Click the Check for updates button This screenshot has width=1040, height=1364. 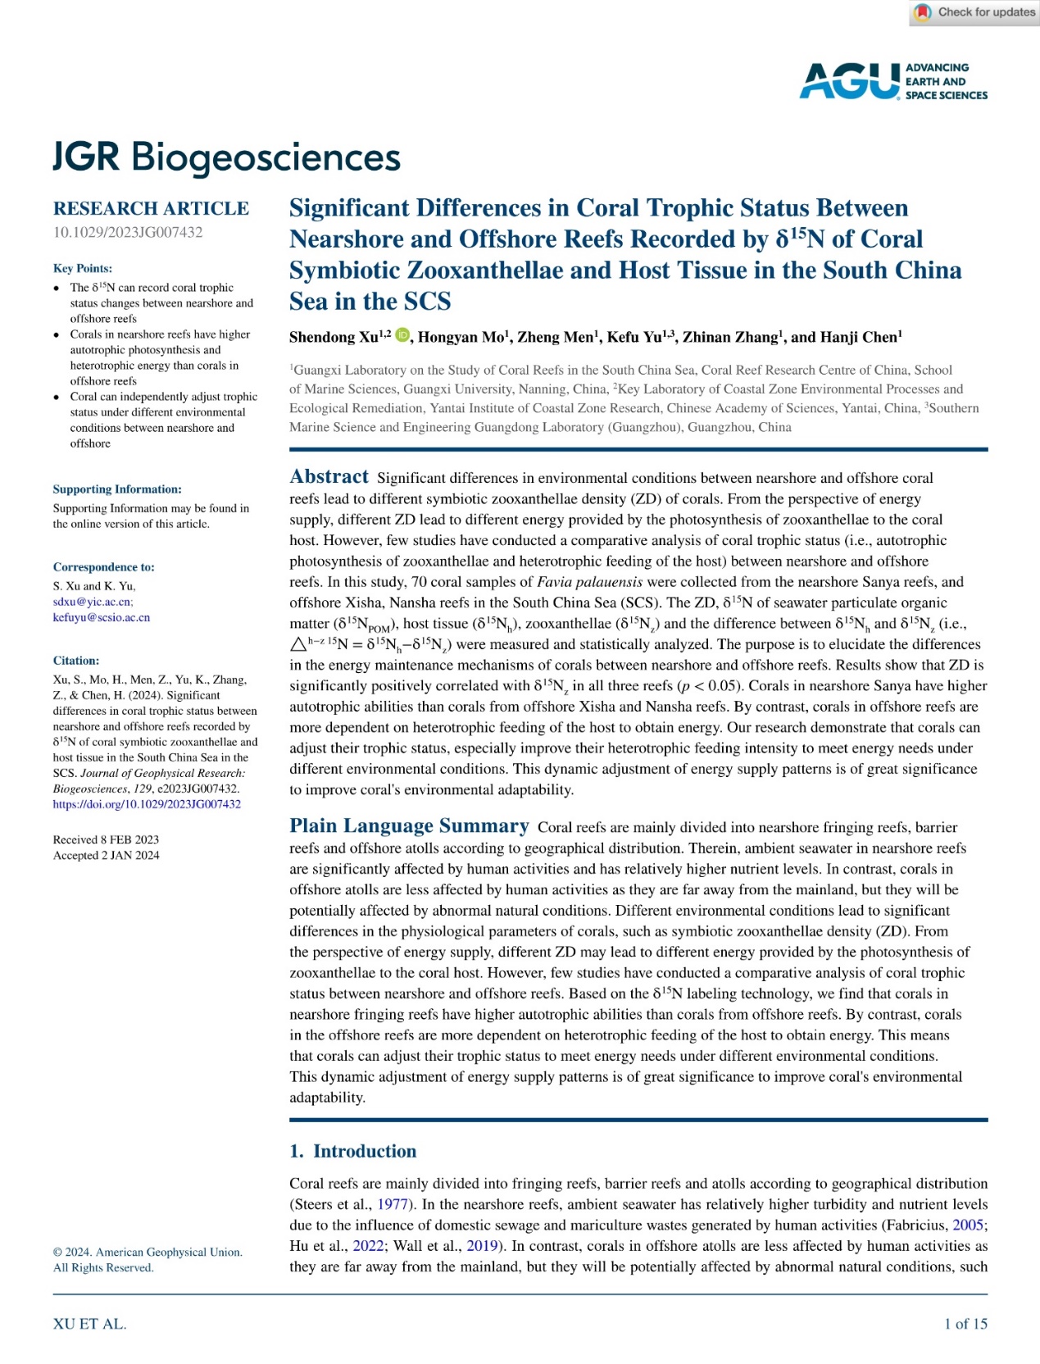pos(975,12)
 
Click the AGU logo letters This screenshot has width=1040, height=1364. pos(849,81)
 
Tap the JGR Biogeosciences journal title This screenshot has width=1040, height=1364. pos(226,157)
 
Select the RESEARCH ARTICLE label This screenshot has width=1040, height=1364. pos(151,208)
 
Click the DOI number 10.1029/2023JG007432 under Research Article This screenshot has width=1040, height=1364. pos(128,232)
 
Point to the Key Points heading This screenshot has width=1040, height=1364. pos(83,268)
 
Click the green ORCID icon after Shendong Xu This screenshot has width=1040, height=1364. pos(402,334)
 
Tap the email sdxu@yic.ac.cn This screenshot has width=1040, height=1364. pos(93,602)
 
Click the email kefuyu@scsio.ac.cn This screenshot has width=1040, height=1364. pos(102,617)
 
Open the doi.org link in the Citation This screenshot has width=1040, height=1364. pos(147,804)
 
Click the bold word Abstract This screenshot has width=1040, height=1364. pos(329,477)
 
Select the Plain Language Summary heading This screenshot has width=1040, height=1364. pos(409,825)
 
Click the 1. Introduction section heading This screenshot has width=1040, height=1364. pos(352,1151)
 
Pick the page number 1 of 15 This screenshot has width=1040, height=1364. pos(965,1324)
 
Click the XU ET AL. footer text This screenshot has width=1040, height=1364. pos(89,1324)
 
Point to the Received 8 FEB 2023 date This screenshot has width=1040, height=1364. pos(106,839)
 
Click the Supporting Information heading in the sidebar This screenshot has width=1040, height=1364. pos(117,489)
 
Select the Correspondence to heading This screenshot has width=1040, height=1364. pos(103,567)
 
